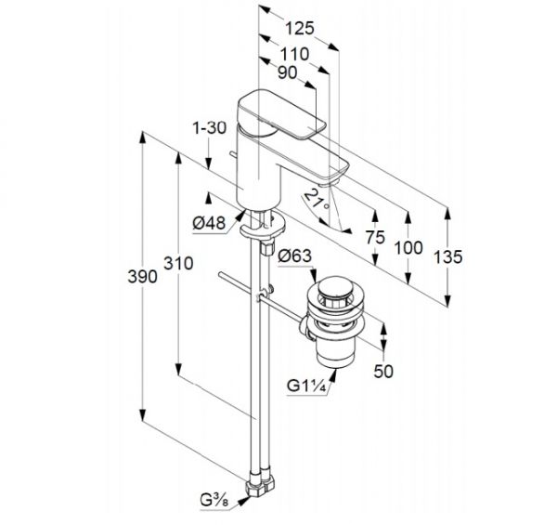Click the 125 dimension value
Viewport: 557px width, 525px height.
[x=300, y=29]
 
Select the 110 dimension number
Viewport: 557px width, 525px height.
[x=294, y=55]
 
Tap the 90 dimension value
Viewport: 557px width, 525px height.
[x=287, y=72]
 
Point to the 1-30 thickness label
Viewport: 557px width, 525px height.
[x=209, y=128]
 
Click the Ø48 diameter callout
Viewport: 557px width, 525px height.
[x=209, y=223]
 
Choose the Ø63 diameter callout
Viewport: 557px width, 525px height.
[x=295, y=256]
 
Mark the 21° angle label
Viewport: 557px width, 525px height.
[x=317, y=200]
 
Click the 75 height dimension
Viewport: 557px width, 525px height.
[x=375, y=238]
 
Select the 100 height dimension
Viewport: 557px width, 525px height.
[x=408, y=248]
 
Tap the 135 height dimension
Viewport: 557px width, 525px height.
[x=448, y=257]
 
